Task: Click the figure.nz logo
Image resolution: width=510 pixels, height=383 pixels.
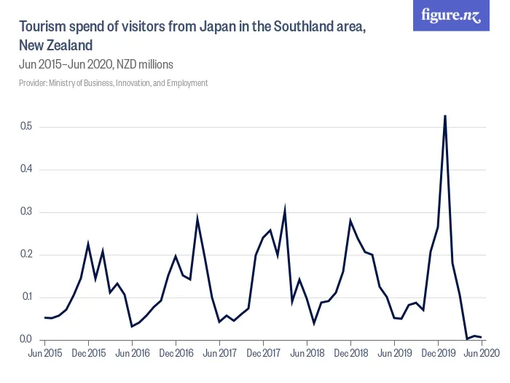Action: point(451,15)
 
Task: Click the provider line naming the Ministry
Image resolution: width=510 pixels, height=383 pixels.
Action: point(113,83)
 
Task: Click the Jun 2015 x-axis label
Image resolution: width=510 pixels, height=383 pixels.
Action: point(44,353)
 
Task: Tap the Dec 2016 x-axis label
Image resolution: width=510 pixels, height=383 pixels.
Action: point(176,353)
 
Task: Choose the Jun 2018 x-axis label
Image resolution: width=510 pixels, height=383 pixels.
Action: point(307,353)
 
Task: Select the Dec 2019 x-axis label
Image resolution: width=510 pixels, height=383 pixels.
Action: point(438,353)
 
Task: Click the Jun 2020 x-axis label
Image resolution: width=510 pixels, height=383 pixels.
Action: point(482,353)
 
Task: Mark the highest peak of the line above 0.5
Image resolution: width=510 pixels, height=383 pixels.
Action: point(445,115)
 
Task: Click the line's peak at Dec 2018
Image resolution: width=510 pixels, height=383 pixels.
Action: point(350,220)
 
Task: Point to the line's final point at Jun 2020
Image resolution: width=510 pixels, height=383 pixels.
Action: point(482,337)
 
